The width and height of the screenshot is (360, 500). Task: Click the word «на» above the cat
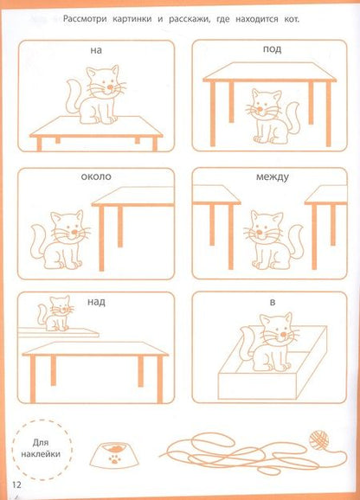click(96, 50)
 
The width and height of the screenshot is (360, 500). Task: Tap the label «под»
click(272, 50)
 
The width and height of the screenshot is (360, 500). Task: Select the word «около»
click(96, 176)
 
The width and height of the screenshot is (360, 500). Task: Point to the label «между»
click(273, 177)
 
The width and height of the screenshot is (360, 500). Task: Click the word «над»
click(96, 302)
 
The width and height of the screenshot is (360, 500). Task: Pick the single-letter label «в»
click(273, 302)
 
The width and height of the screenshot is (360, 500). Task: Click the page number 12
click(16, 484)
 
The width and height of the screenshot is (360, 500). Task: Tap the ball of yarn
click(318, 440)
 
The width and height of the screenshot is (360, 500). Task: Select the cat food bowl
click(114, 456)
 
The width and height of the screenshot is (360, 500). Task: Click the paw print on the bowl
click(114, 460)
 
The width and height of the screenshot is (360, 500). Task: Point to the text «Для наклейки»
click(41, 448)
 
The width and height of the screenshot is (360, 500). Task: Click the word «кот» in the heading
click(291, 19)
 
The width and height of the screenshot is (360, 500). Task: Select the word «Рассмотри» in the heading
click(86, 19)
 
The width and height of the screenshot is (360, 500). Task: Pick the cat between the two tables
click(273, 240)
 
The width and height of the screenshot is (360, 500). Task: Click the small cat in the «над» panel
click(55, 313)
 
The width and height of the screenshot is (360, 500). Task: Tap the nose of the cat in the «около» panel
click(74, 232)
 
